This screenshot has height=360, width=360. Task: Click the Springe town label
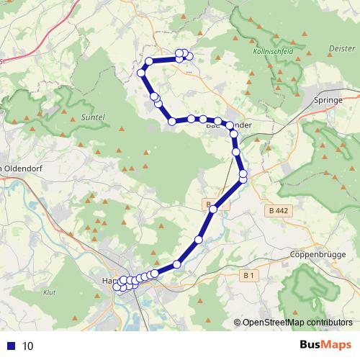coord(329,100)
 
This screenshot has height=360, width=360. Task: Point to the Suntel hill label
coord(94,116)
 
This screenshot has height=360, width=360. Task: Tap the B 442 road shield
coord(277,211)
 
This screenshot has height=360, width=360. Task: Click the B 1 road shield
coord(249,275)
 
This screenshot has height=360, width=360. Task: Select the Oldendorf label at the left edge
coord(18,168)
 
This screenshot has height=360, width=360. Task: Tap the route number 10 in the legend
coord(28,346)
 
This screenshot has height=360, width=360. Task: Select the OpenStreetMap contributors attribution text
coord(297,323)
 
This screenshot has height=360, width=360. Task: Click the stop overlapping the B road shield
coord(212,210)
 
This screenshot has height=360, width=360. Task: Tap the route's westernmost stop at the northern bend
coord(142,73)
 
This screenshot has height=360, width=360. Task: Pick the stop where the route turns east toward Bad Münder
coord(172,122)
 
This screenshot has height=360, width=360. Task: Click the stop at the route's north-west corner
coord(149,61)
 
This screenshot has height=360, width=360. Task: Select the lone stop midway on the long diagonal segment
coord(199,239)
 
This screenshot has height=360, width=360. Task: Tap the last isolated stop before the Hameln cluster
coord(177,264)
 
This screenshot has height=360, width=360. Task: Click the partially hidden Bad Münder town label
coord(229,125)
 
